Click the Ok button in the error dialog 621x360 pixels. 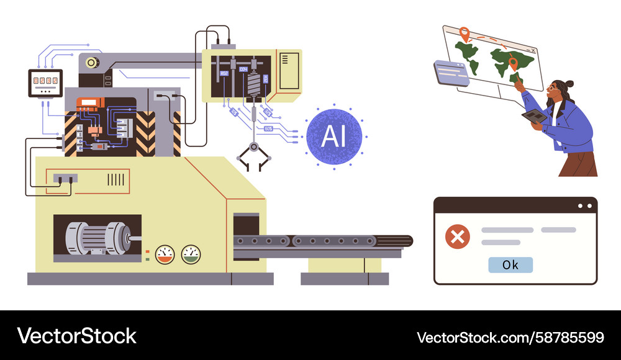510,265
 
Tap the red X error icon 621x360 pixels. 458,236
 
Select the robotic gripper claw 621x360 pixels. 254,155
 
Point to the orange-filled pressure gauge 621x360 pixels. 165,253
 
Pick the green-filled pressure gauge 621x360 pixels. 191,253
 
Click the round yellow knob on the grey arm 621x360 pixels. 93,62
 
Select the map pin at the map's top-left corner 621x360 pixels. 463,32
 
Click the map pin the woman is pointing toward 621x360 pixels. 513,62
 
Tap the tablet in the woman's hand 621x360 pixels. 533,116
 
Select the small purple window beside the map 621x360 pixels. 452,73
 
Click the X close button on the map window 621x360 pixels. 532,49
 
